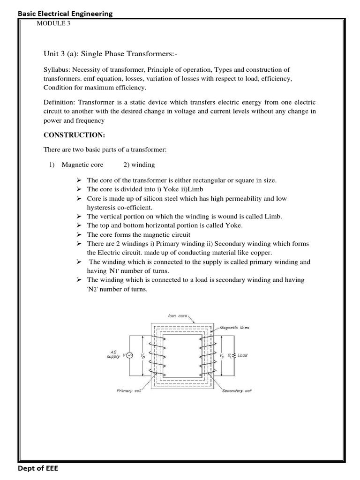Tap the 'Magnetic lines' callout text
(x=235, y=328)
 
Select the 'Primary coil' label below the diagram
(x=129, y=390)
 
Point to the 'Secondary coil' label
(x=236, y=390)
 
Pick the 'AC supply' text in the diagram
(x=114, y=354)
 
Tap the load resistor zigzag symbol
(x=233, y=355)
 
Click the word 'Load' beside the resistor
(x=242, y=355)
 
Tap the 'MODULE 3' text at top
(x=53, y=24)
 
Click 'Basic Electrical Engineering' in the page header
(x=65, y=14)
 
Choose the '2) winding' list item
(x=139, y=165)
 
